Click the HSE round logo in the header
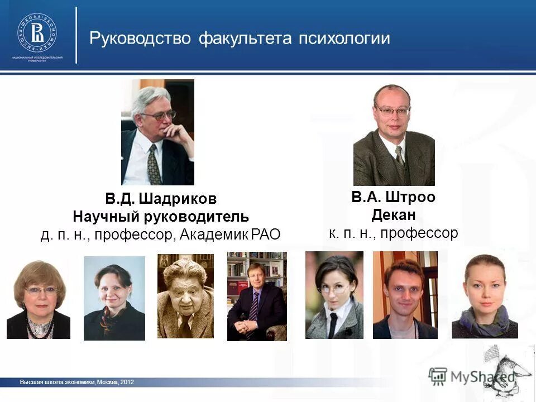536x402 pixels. click(37, 32)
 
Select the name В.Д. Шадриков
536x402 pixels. click(161, 199)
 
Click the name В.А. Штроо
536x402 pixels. click(393, 197)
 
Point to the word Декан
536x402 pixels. click(394, 215)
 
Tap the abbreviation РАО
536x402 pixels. click(265, 234)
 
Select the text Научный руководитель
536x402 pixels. click(161, 217)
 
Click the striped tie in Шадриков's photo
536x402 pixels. click(153, 164)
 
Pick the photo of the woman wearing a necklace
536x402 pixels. click(39, 299)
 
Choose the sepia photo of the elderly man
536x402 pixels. click(185, 296)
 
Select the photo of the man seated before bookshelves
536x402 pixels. click(257, 296)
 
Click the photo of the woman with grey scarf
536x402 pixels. click(485, 296)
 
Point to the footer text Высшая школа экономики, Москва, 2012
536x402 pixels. click(77, 382)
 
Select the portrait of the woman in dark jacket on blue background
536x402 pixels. click(114, 298)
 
